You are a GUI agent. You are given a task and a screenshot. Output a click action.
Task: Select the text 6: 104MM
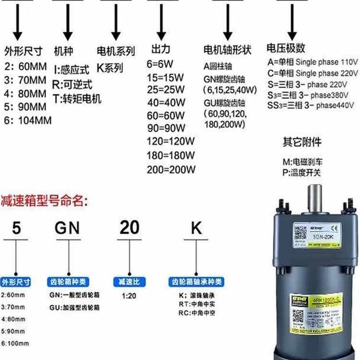pos(28,121)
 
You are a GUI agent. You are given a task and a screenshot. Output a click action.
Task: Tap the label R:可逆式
pos(72,84)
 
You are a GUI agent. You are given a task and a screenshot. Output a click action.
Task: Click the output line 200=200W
pos(171,170)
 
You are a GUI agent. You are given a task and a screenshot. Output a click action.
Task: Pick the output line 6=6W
pos(160,63)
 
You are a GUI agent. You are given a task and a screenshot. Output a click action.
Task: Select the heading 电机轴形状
pos(227,49)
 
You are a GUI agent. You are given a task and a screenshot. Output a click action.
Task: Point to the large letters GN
pos(67,229)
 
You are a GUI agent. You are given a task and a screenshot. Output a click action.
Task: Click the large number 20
pos(129,229)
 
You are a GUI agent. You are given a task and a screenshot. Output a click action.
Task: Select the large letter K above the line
pos(197,229)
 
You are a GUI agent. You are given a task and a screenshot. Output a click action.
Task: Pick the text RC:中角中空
pos(197,312)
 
